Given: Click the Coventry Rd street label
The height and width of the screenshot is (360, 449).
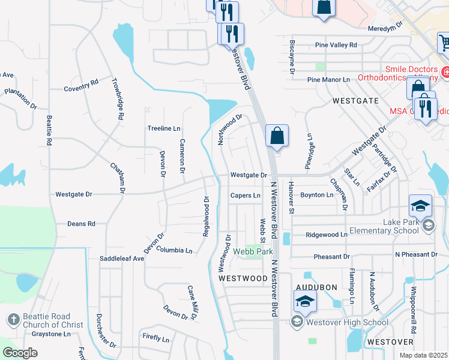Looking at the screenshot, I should coord(81,88).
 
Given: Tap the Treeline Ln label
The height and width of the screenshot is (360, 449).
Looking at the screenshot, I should coord(164,128).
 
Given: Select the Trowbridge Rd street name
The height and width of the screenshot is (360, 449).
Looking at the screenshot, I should coord(117,100).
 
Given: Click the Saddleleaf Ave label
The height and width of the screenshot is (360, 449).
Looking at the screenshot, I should coord(122,259).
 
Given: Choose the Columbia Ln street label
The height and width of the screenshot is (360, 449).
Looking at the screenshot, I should coord(174,250).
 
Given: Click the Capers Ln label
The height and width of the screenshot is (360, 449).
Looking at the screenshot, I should coord(246,196).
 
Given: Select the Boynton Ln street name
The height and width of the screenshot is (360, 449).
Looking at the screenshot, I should coord(316,195).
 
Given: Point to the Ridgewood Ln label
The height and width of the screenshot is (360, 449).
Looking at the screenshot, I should coord(327,235).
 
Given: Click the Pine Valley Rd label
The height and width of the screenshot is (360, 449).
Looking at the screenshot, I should coord(336,45).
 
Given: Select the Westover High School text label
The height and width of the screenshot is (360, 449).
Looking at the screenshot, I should coord(347,322).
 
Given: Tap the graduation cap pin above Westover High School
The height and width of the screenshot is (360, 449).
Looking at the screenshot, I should coord(305,302).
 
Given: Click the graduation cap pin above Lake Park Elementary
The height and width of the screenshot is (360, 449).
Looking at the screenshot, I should coord(421,206).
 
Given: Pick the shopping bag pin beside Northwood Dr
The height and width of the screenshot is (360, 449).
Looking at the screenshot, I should coord(277,136).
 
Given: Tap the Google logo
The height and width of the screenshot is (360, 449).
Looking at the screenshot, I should coord(20,353).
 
